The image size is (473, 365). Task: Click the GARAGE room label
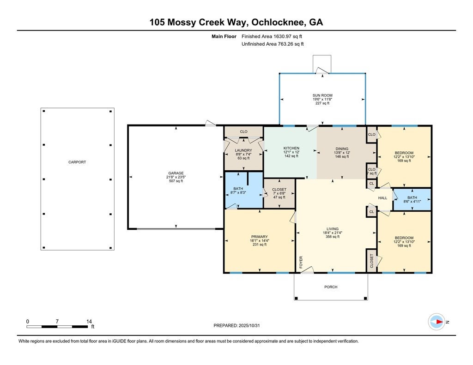(x=176, y=172)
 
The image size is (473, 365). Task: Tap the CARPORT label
(x=77, y=162)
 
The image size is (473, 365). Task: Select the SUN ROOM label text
(x=322, y=96)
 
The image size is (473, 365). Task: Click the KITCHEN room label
(x=291, y=148)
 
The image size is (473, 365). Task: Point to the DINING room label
(x=341, y=149)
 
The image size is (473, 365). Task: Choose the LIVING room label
(x=333, y=229)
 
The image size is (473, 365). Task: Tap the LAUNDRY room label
(x=243, y=150)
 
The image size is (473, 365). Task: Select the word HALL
(x=383, y=198)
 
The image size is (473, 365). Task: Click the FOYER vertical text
(x=301, y=262)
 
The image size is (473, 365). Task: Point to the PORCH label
(x=331, y=287)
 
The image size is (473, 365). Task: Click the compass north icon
(x=437, y=322)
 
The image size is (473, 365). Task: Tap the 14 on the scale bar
(x=89, y=321)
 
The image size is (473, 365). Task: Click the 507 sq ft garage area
(x=176, y=181)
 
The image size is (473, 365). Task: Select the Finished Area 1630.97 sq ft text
(x=272, y=36)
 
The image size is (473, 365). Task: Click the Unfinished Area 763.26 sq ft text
(x=272, y=44)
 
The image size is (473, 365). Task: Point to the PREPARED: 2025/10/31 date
(x=240, y=325)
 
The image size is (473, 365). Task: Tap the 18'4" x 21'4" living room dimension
(x=333, y=233)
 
